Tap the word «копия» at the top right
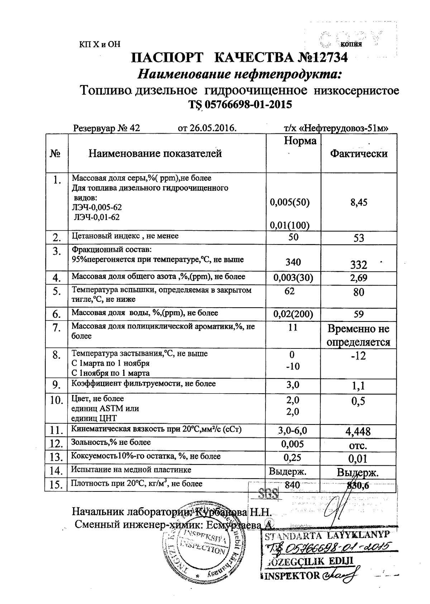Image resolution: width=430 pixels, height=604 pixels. click(351, 44)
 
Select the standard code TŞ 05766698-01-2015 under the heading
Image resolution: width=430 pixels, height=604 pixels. click(240, 105)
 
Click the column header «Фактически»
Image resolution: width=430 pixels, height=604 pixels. click(359, 153)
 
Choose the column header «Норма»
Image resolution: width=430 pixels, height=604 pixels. click(300, 141)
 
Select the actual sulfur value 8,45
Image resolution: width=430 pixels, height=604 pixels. click(359, 203)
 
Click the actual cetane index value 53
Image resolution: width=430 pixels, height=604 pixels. click(359, 238)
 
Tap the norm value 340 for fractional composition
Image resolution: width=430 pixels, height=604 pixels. click(293, 262)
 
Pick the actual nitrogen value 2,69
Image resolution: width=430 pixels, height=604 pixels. click(359, 278)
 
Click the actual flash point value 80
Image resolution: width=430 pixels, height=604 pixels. click(359, 292)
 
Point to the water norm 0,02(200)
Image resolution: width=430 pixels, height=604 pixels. click(293, 314)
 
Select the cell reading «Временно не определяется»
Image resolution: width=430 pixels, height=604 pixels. click(359, 336)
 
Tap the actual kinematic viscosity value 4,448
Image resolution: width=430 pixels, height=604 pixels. click(359, 431)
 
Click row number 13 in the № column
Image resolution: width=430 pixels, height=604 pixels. click(56, 457)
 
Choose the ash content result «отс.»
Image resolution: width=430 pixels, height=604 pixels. click(359, 446)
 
